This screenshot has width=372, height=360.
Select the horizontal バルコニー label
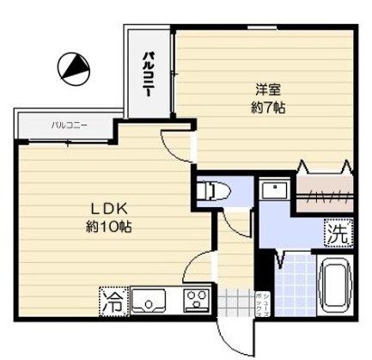click(x=69, y=125)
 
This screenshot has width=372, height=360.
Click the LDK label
click(x=107, y=208)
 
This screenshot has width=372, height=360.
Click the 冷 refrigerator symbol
click(x=113, y=302)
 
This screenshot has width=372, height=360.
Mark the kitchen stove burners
click(x=197, y=301)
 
